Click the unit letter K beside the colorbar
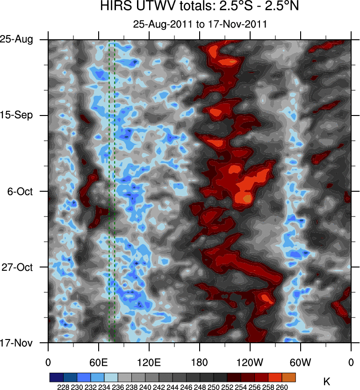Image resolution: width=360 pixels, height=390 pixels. click(x=326, y=382)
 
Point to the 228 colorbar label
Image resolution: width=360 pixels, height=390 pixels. click(x=63, y=387)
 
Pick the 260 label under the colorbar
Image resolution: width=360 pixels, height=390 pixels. click(x=282, y=387)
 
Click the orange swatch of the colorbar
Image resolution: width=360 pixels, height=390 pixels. click(x=289, y=377)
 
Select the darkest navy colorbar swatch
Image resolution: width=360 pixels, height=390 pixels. click(x=56, y=377)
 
